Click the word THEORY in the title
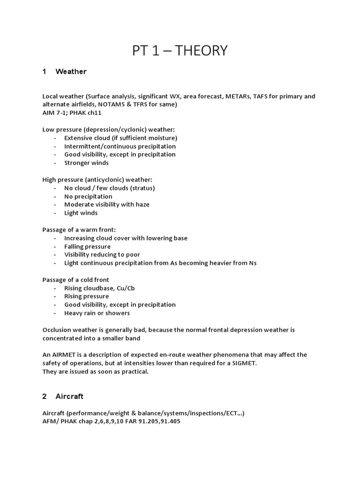[202, 50]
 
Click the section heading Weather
[71, 72]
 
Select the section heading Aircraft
[69, 396]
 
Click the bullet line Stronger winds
[86, 163]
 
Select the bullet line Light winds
[81, 213]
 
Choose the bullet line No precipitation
[88, 196]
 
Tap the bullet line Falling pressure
[87, 247]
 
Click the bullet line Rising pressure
[86, 296]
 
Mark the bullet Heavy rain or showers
[97, 313]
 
